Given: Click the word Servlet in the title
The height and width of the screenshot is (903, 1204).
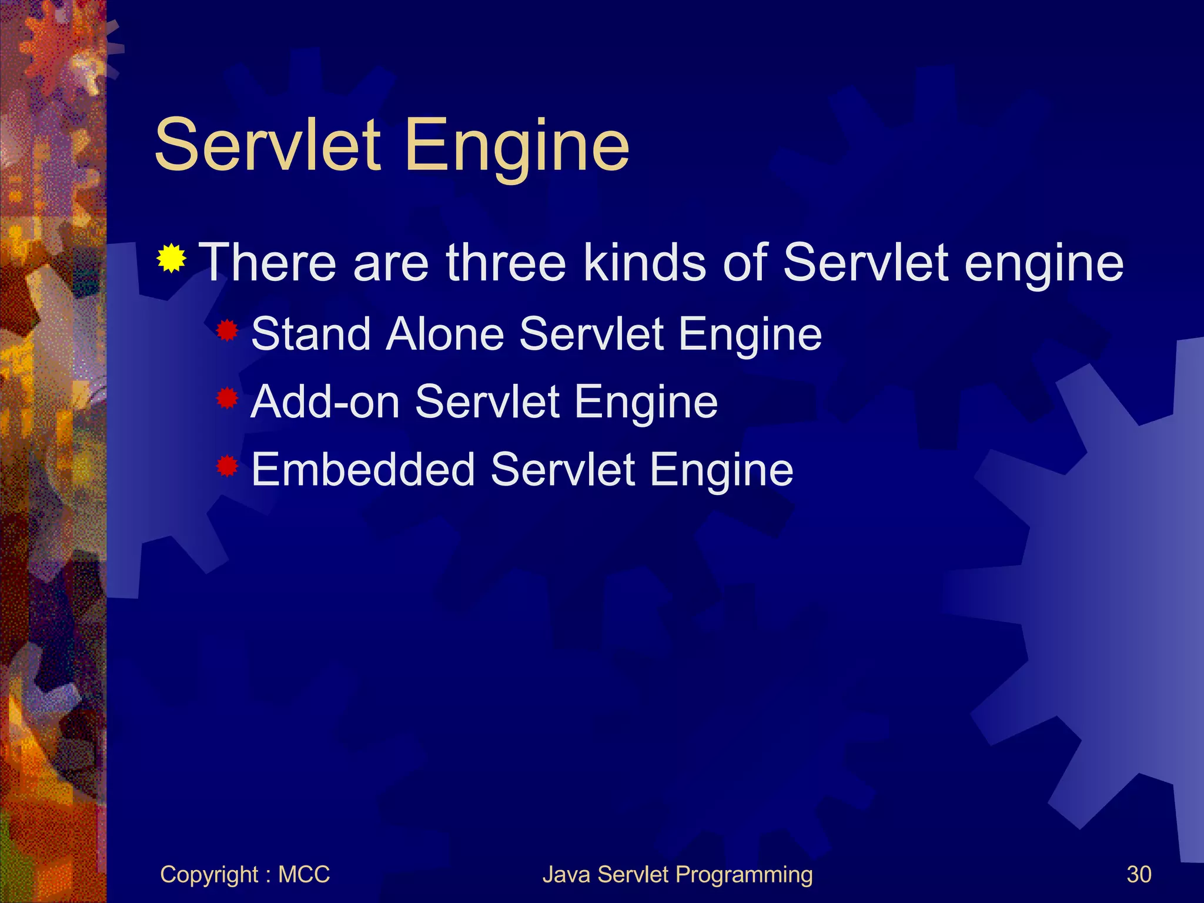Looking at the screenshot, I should (267, 145).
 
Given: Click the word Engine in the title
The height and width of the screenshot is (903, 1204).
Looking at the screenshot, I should (517, 147).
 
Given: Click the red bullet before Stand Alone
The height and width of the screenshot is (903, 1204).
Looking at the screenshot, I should (227, 332).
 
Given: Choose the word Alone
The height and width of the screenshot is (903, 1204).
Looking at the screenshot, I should (445, 334).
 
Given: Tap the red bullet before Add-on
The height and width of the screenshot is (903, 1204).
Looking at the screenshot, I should (227, 399).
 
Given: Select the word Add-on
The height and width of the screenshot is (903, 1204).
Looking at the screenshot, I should (325, 402).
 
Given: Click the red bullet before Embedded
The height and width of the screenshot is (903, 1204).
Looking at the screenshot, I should (227, 467).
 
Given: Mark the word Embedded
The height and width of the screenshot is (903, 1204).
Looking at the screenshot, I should (363, 469).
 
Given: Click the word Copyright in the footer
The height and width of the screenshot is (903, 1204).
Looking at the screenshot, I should (209, 875).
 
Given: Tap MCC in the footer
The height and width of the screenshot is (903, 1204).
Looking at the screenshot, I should (303, 874).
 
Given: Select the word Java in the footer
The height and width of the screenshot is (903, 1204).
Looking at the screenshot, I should (566, 874).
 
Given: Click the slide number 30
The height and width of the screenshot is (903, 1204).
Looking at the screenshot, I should (1139, 874).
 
